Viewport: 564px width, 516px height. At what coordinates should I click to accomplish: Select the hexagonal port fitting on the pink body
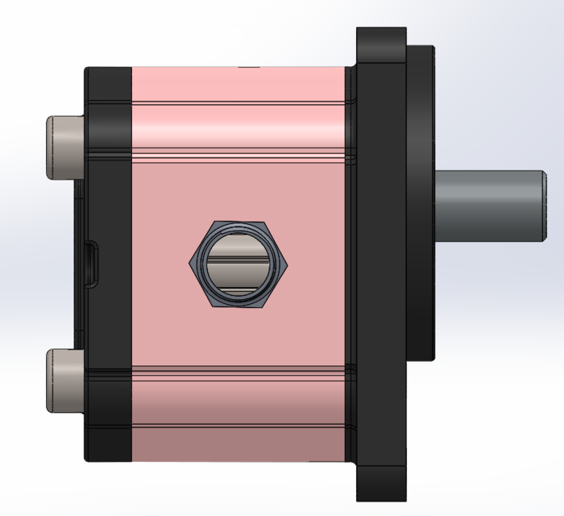tap(239, 264)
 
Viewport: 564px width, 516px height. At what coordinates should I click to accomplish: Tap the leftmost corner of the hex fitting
tap(190, 264)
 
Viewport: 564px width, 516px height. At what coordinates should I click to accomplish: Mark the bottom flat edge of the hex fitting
tap(239, 307)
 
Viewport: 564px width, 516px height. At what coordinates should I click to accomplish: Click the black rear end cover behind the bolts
tap(109, 264)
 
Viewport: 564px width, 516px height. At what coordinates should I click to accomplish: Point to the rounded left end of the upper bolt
tap(48, 147)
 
